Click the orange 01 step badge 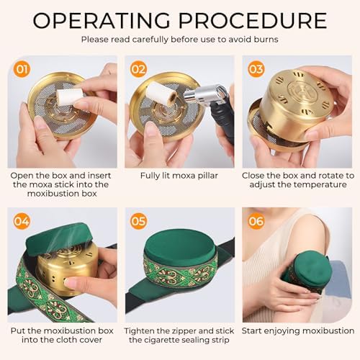point(22,69)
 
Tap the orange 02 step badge point(138,69)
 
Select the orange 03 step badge point(256,69)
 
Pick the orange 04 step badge point(22,221)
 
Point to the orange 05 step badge point(138,221)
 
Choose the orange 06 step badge point(256,221)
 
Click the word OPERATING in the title point(102,21)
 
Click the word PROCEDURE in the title point(253,21)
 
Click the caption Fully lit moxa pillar point(179,176)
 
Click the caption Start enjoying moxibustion point(298,331)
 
